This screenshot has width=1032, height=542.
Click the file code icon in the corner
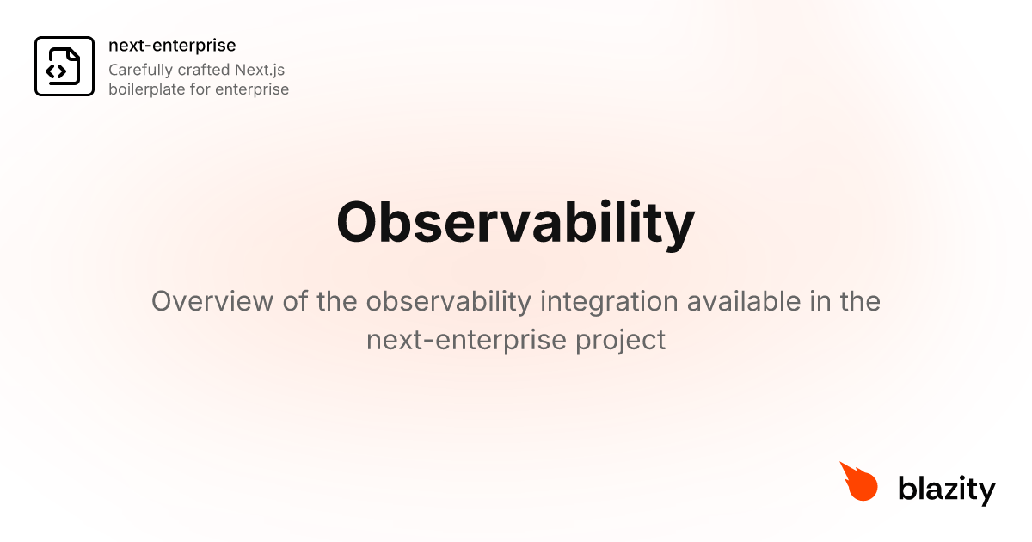[64, 66]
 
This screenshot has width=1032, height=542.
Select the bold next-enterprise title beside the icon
[172, 46]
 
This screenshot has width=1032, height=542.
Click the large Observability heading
[515, 222]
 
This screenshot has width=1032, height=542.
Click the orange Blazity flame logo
[858, 482]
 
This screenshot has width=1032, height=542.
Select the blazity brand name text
[947, 490]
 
